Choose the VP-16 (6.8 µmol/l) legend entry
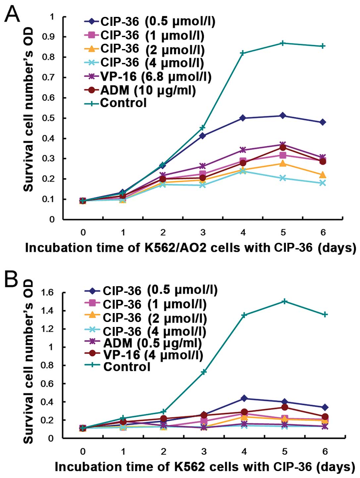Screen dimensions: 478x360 (156, 77)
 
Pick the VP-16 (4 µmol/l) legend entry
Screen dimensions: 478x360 (153, 355)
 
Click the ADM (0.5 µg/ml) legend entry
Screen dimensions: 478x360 (152, 343)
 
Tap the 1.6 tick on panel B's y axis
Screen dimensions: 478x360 (47, 292)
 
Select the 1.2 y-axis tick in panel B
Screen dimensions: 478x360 (47, 329)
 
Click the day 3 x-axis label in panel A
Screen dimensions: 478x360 (203, 233)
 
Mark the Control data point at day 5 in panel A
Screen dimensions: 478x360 (283, 43)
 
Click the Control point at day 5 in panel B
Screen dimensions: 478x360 (284, 301)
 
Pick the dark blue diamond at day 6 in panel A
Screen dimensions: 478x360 (323, 122)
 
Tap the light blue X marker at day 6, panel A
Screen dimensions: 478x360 (323, 183)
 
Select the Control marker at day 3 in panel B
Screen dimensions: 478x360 (204, 372)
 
